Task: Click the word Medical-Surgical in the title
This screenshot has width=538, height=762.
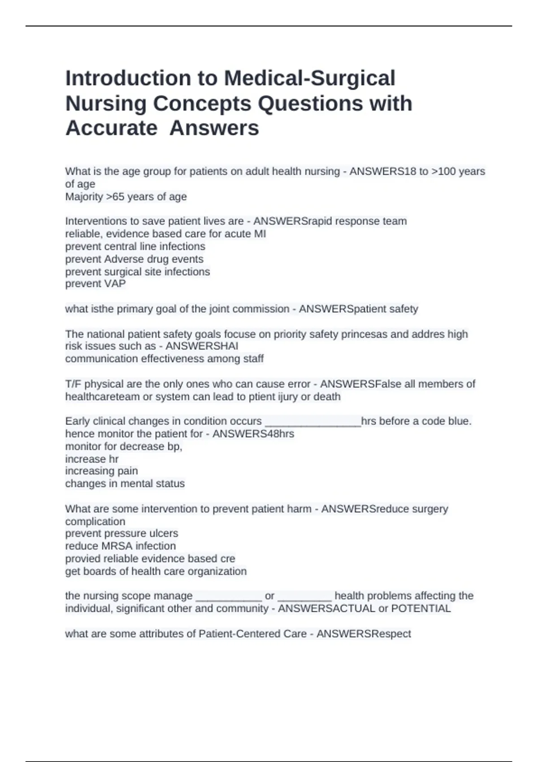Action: pos(309,78)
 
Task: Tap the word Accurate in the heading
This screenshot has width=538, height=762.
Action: pos(111,128)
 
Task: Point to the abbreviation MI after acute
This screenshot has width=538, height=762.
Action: pos(260,234)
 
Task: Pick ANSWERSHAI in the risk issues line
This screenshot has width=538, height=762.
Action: pos(202,346)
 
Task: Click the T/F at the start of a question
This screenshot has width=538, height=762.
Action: pos(73,384)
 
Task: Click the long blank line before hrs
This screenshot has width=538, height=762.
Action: pos(313,422)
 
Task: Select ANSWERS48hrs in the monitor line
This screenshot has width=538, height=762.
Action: pos(253,434)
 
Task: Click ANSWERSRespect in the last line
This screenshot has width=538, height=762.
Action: pos(364,634)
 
